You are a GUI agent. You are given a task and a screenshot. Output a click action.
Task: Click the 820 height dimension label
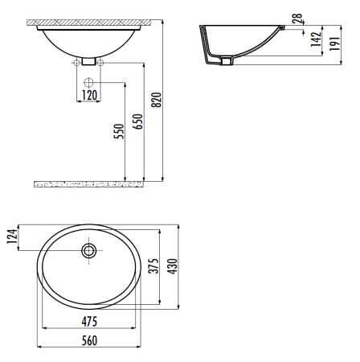tap(157, 100)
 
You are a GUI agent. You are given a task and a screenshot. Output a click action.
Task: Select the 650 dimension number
tap(138, 121)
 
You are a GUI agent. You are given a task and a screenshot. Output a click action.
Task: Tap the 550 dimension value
tap(119, 131)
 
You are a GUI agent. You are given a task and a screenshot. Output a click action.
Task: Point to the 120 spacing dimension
tap(89, 95)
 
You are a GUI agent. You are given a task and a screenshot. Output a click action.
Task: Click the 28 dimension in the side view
tap(297, 19)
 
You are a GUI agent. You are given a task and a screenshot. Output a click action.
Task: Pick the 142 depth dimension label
tap(316, 39)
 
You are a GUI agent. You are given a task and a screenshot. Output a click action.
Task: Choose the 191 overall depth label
tap(335, 43)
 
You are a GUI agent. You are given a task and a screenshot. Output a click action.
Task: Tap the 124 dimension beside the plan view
tap(12, 237)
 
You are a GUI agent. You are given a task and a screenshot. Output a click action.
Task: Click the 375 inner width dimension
tap(154, 266)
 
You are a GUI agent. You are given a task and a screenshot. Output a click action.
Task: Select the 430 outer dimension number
tap(173, 266)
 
